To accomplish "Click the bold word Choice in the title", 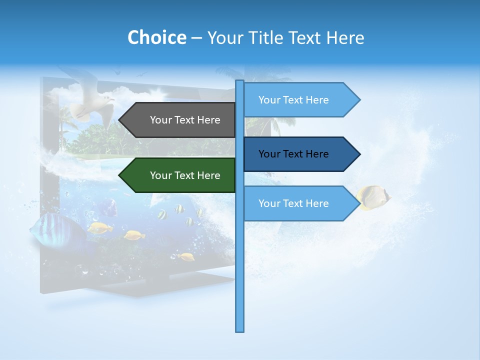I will pos(156,37).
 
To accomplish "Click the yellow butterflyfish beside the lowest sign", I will pos(373,197).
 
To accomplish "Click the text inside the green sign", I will pos(185,175).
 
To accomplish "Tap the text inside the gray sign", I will pos(185,120).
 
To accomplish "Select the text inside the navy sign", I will pos(293,154).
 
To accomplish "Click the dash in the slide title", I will pos(196,38).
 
